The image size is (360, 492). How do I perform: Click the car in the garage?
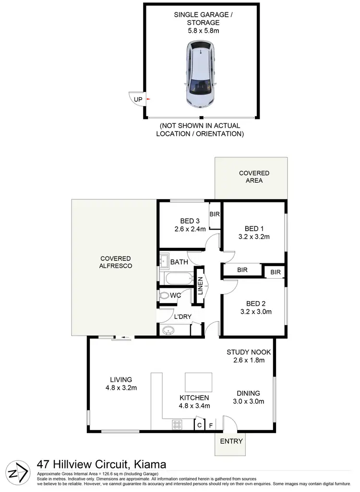201,74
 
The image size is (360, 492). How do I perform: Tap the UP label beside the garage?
138,100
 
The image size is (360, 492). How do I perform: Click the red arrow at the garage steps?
148,99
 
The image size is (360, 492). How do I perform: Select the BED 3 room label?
190,221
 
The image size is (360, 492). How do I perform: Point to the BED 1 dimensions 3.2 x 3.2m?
254,236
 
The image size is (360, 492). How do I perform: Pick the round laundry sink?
168,330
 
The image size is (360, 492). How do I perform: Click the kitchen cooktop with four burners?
177,424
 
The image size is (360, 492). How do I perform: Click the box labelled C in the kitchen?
199,424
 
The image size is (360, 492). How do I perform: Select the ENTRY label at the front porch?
231,441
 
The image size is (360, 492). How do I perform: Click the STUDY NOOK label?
249,352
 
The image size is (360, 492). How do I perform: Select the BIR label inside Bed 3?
215,214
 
